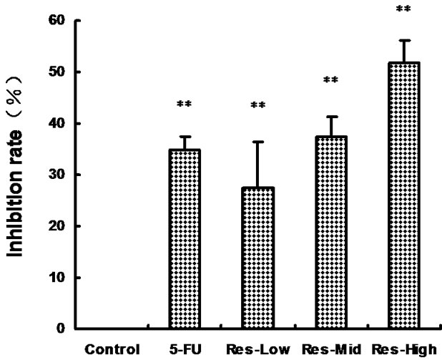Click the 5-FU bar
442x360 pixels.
[184, 239]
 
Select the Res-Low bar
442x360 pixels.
[257, 258]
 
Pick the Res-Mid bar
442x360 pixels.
[330, 232]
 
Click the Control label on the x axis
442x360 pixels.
[111, 350]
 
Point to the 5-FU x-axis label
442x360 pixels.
[184, 350]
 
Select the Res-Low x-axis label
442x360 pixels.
[257, 350]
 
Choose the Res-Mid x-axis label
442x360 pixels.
[330, 350]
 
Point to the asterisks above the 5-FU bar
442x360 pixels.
[184, 105]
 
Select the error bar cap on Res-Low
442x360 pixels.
[257, 142]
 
